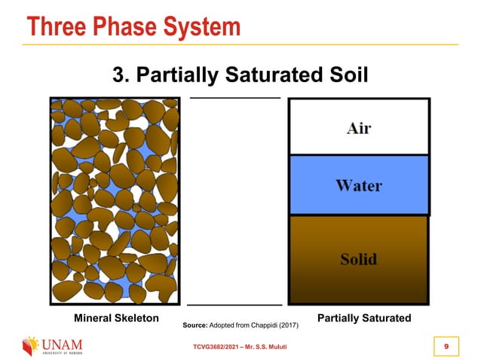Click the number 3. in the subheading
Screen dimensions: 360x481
(x=121, y=75)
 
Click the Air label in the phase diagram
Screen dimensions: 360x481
(x=358, y=127)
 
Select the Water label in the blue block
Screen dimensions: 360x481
(x=359, y=185)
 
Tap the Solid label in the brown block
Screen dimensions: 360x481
(x=358, y=260)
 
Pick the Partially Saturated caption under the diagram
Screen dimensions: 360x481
(x=364, y=319)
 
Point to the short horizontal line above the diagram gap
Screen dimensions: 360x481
(x=234, y=98)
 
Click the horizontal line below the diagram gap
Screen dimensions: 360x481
(x=234, y=305)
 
